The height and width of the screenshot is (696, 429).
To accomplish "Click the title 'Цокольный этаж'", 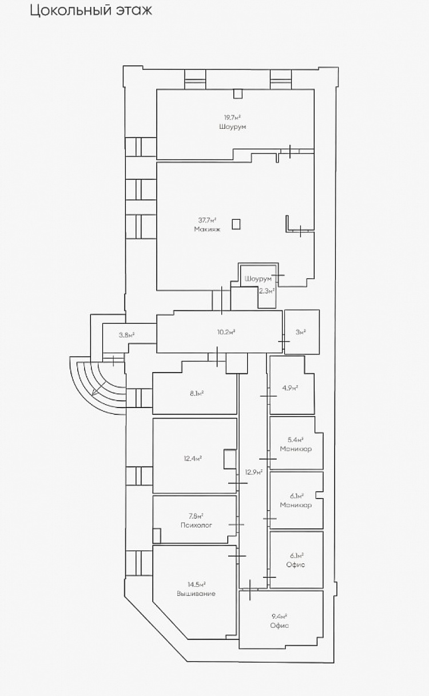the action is point(91,10).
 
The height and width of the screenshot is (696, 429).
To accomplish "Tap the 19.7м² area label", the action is point(232,117).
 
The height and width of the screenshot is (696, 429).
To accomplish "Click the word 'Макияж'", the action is point(207,230).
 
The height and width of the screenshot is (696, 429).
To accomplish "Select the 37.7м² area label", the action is point(207,220).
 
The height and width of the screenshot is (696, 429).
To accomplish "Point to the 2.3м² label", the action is point(267,291).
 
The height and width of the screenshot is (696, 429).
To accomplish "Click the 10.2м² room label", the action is point(226,332).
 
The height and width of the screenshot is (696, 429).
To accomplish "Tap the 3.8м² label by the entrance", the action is point(126,335).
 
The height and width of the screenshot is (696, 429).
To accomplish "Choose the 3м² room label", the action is point(300,332).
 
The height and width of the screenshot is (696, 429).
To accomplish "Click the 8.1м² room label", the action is point(197,393).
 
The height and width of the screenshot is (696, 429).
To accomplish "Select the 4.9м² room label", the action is point(290,387).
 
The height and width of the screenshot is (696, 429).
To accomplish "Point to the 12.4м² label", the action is point(193,458).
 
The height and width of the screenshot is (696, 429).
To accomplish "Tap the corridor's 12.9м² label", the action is point(254,472).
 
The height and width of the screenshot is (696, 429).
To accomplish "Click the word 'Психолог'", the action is point(197,525).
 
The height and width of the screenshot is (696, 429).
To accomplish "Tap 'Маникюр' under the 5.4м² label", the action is point(296,449).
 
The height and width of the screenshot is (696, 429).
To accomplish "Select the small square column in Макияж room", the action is point(236,224).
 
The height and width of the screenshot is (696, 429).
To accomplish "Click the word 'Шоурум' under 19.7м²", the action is point(232,126).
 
